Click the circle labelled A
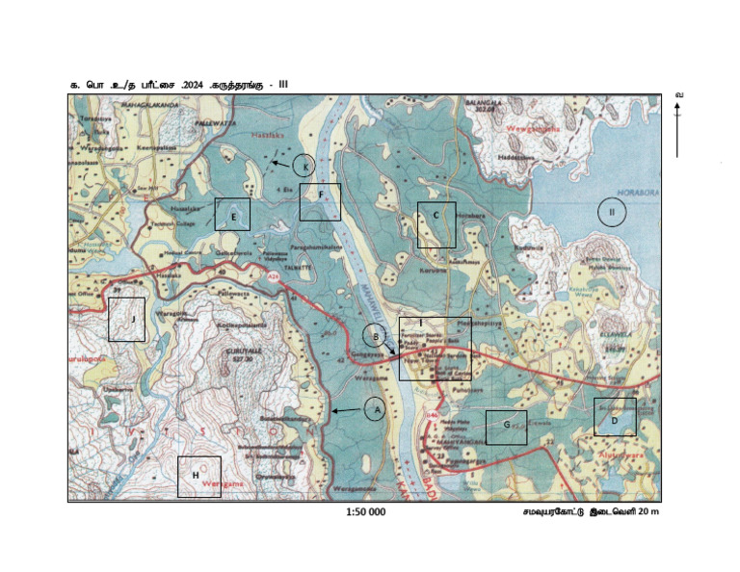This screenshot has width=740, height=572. point(377,409)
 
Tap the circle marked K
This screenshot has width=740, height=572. point(304,165)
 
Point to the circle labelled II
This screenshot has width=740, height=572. point(611,212)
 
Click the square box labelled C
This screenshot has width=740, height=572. point(436,224)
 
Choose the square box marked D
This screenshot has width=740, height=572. point(614,417)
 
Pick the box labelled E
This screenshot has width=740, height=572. point(232,215)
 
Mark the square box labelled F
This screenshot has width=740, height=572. point(320,202)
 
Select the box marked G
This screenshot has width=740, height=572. point(506,426)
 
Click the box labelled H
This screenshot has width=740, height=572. point(198,476)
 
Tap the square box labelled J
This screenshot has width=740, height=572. point(126,319)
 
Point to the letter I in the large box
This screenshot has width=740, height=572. point(420,322)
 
